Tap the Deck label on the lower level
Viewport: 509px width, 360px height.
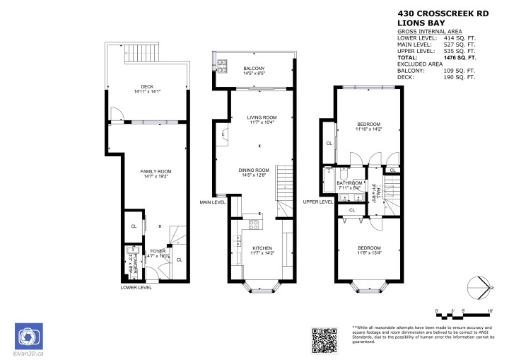point(148,89)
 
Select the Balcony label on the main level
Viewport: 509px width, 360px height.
point(253,71)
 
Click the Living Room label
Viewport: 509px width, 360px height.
point(261,120)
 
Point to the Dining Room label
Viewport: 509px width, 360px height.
point(253,173)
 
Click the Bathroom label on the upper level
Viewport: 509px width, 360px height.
point(349,185)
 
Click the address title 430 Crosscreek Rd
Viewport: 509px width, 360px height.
point(443,12)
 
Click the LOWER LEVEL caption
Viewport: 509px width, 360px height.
point(136,288)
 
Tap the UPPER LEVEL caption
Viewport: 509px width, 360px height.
point(317,202)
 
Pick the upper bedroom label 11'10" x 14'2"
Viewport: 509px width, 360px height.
point(368,129)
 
